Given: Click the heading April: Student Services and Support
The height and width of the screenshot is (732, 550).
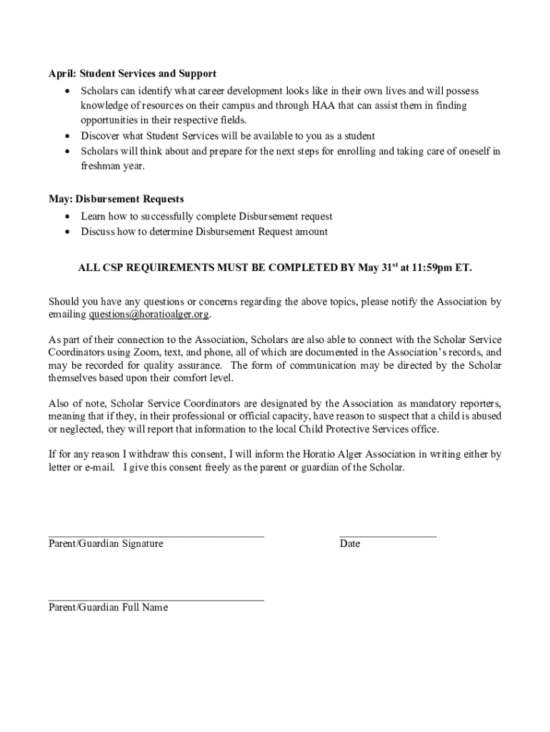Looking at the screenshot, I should pos(132,74).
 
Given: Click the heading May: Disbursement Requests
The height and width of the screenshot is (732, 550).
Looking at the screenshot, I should pos(116,199).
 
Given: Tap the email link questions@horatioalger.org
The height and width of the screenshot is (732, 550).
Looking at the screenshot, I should pos(149,315).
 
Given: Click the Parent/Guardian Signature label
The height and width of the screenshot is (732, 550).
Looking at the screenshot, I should pos(106,544).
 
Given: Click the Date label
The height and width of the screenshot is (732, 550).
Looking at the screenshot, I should pos(350,544).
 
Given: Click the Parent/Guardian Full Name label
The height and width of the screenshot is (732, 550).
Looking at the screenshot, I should pos(108,608).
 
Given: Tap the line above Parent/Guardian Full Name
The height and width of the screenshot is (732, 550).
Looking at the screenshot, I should pos(156,598).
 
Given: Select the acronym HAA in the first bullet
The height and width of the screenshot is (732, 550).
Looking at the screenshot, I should pos(322,106).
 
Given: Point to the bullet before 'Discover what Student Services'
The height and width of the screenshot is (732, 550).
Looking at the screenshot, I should pos(67,136).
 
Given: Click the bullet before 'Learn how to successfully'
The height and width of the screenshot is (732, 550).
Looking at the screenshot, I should pos(67,217).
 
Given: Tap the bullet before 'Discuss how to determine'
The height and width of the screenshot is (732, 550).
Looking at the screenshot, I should pos(67,232).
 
